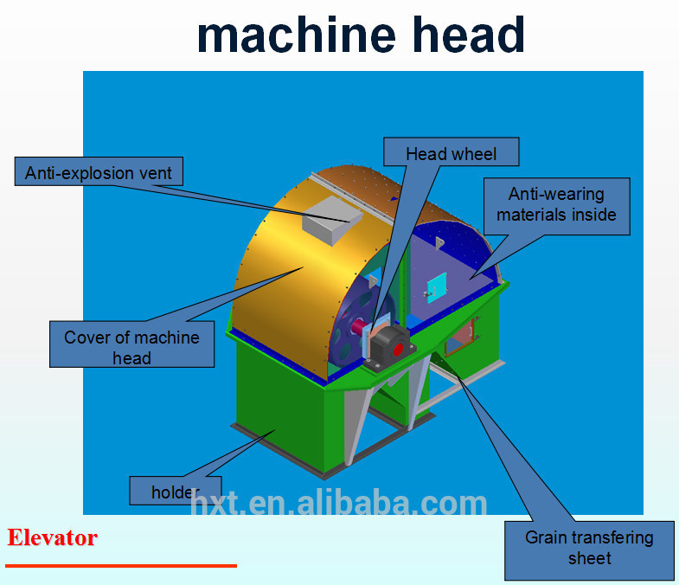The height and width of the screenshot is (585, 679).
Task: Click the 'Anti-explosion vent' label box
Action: [99, 171]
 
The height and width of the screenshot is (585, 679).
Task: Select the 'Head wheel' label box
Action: [452, 153]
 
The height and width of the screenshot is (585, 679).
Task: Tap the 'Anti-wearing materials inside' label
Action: [556, 205]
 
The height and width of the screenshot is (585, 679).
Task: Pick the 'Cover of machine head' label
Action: [131, 346]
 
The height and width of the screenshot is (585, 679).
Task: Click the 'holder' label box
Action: [175, 491]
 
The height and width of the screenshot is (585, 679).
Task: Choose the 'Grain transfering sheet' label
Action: [589, 549]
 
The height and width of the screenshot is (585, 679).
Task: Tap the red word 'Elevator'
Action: [52, 537]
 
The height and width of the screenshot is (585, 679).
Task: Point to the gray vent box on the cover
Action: [330, 215]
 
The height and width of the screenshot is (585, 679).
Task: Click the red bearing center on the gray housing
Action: [399, 350]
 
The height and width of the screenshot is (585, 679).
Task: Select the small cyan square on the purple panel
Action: [438, 286]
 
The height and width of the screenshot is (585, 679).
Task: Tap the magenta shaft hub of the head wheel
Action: [356, 328]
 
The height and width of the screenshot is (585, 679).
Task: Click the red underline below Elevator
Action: [120, 565]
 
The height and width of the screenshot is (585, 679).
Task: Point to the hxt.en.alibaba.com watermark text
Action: [338, 503]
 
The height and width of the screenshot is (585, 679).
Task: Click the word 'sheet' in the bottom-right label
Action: [589, 558]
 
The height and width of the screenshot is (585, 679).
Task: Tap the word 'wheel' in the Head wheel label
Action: [475, 154]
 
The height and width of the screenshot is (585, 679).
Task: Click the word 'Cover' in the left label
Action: [86, 337]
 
